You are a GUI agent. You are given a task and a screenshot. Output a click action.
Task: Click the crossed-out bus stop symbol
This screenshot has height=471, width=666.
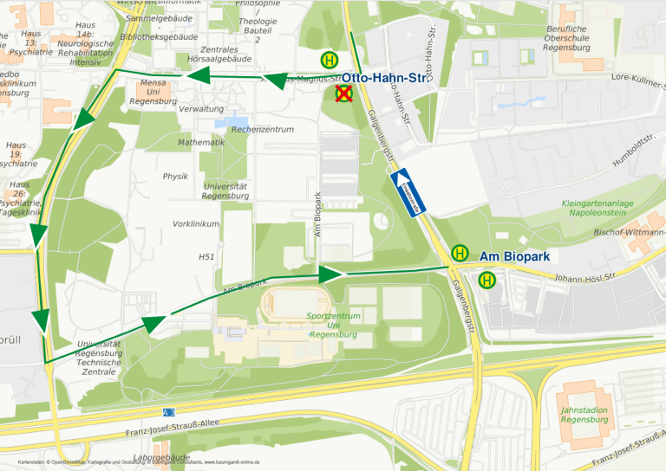tap(344, 94)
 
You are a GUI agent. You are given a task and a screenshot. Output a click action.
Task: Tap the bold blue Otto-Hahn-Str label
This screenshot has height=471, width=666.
tap(390, 78)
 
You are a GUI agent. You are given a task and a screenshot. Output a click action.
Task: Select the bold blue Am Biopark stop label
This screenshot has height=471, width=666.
tap(514, 257)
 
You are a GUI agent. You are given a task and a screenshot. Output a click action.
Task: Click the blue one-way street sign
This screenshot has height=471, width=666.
tap(405, 194)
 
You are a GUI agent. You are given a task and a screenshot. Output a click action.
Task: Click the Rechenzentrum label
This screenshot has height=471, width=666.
tap(262, 129)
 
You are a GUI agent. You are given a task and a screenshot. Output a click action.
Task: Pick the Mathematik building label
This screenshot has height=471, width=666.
tap(200, 142)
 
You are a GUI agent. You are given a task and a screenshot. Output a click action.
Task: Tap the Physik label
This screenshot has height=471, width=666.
tap(175, 176)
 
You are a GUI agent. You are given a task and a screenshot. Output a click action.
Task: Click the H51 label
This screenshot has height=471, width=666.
tap(206, 256)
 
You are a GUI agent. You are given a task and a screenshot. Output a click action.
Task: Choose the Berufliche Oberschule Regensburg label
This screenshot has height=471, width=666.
tap(566, 39)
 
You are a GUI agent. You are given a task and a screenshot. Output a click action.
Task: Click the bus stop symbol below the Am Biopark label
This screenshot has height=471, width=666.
tap(487, 280)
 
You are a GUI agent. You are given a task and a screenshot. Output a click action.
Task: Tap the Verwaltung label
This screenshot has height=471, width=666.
tap(201, 109)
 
